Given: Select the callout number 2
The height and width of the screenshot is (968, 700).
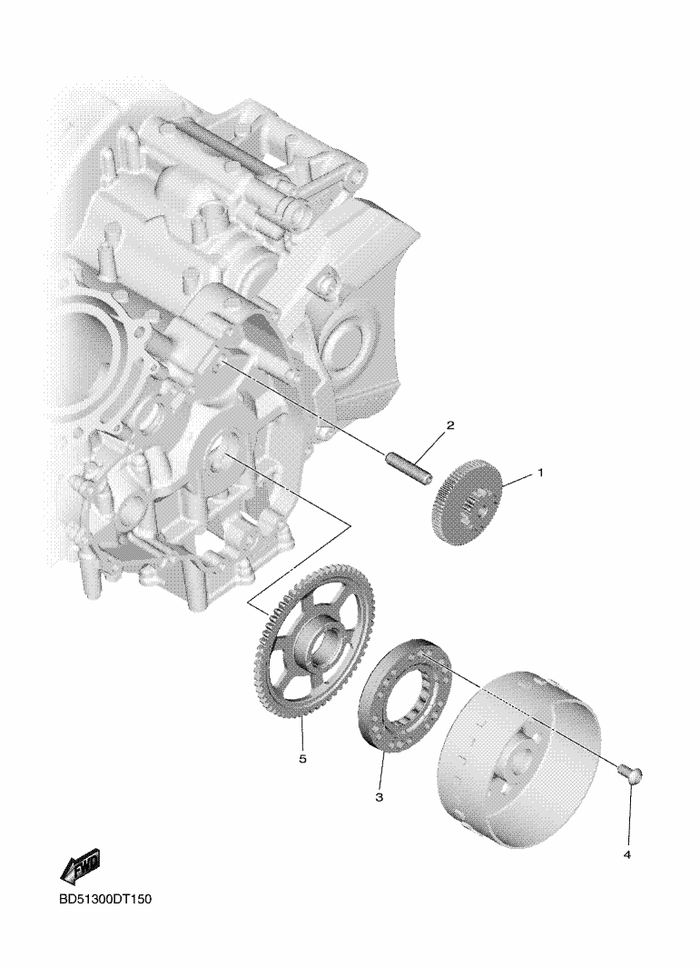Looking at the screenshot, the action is (449, 425).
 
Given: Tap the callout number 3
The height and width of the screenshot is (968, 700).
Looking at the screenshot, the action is (379, 797).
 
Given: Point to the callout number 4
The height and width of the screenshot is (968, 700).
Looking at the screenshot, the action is (627, 855).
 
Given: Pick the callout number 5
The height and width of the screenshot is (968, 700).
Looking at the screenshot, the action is (302, 759).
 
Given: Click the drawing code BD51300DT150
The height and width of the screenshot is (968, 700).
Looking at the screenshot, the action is (105, 899).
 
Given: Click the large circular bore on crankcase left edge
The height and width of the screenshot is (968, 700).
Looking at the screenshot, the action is (86, 348).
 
